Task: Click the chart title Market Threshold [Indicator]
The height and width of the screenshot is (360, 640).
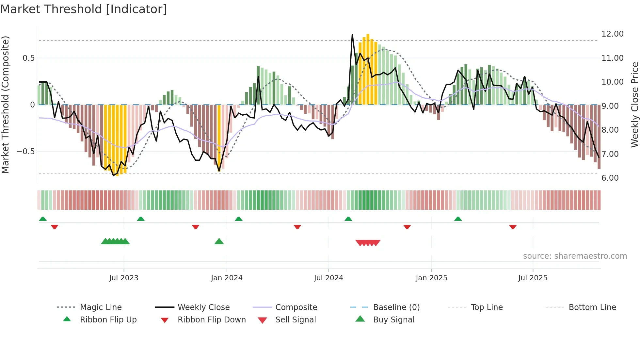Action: point(84,9)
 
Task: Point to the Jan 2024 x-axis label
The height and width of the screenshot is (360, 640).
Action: point(227,278)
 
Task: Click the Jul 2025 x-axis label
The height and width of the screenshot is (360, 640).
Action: point(533,278)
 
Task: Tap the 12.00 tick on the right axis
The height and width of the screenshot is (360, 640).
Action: point(612,34)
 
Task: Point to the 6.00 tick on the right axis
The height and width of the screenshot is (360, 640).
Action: point(610,178)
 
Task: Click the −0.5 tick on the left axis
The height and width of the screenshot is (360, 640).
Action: point(25,151)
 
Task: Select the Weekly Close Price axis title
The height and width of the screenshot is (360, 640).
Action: point(634,105)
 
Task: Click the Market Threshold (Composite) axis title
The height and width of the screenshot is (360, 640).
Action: point(5,105)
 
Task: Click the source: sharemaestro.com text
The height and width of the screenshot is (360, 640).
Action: point(575,256)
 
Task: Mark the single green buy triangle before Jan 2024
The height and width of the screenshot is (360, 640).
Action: point(219,241)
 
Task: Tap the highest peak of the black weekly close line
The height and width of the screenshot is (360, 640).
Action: point(352,34)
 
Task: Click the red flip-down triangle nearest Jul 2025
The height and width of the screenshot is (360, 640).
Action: point(513,227)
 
